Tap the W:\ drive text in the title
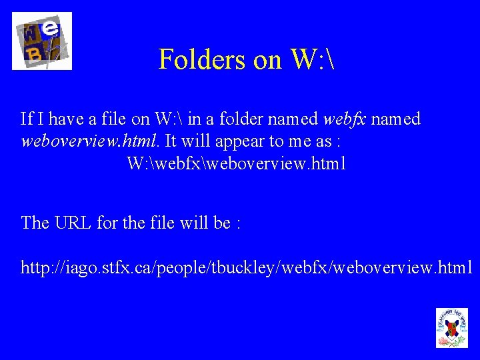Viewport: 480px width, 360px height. click(x=311, y=59)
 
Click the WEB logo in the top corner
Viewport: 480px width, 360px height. click(x=42, y=41)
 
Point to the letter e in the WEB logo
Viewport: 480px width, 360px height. click(x=52, y=29)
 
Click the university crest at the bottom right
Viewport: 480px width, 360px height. click(x=451, y=327)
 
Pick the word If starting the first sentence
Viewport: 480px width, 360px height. click(x=27, y=119)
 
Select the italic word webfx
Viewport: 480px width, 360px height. click(x=344, y=119)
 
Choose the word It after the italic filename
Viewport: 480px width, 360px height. click(x=171, y=142)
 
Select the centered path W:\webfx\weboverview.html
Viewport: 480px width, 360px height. click(x=236, y=164)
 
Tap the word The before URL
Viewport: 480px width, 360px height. click(x=35, y=223)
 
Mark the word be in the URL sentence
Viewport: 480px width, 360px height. click(x=222, y=223)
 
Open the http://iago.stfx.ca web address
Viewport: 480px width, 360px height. click(x=247, y=268)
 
